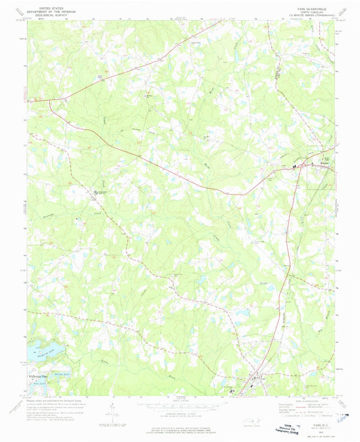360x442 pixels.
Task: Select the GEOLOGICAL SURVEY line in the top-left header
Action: coord(57,14)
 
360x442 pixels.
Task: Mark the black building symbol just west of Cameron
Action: coord(294,166)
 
